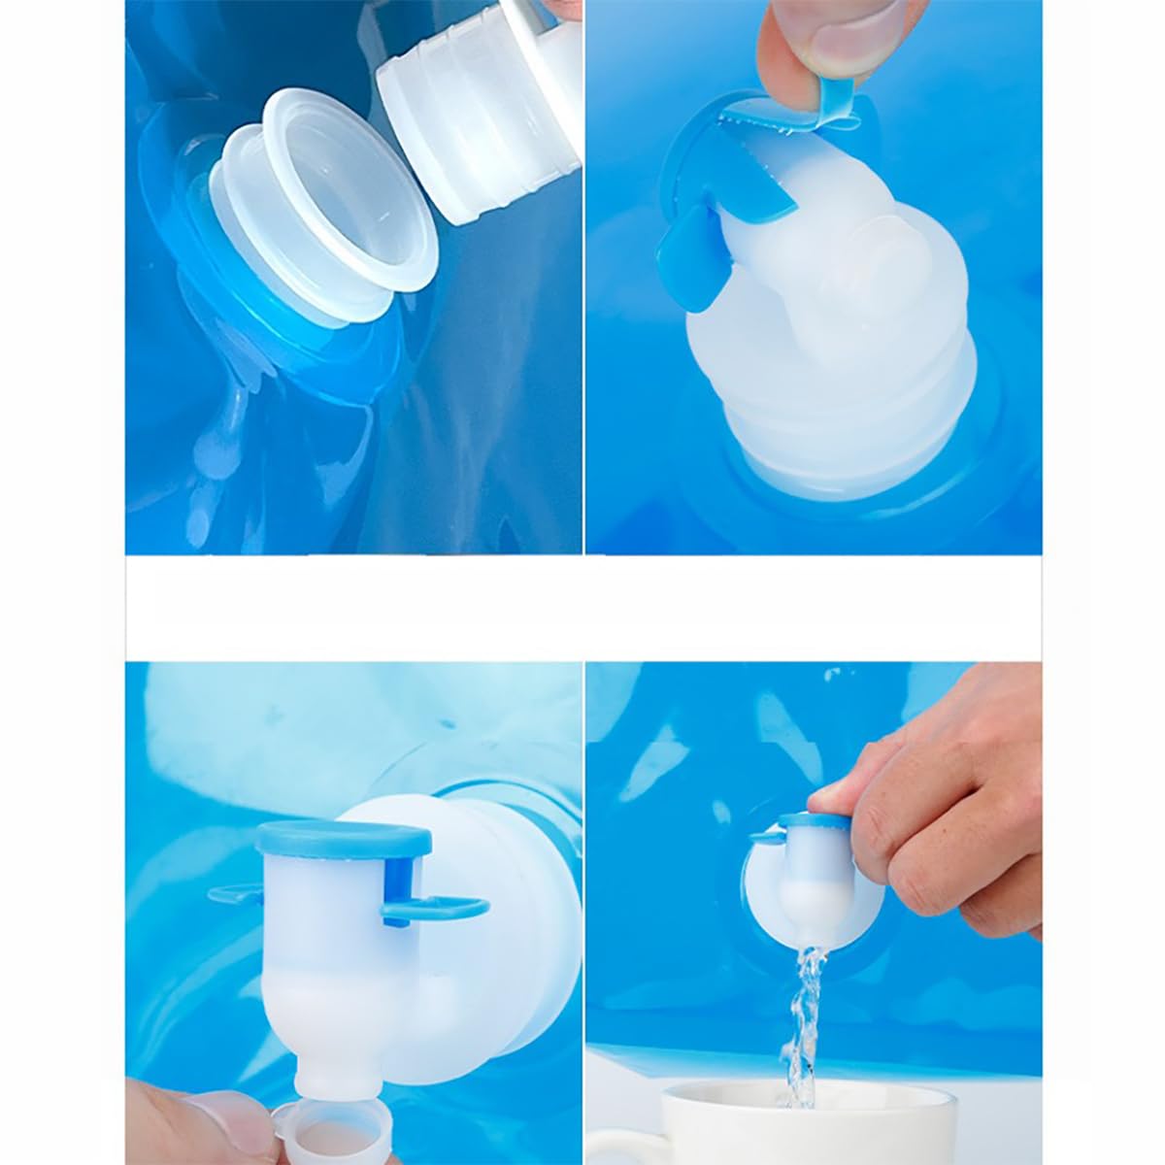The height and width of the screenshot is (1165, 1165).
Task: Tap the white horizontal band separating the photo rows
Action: tap(582, 607)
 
